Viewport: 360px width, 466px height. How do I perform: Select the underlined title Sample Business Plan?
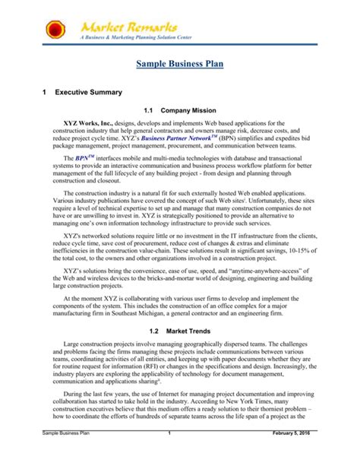click(x=180, y=67)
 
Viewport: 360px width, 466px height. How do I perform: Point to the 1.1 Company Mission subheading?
click(x=181, y=109)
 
